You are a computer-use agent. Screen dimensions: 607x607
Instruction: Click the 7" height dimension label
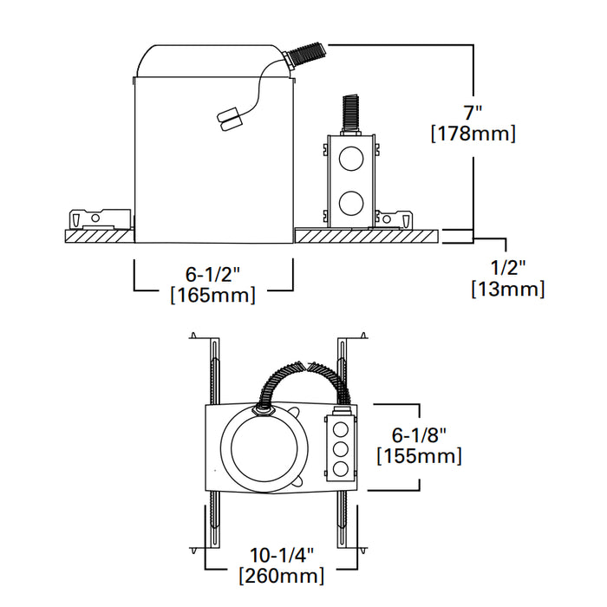click(473, 113)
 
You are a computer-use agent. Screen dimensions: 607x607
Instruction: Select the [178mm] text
click(473, 134)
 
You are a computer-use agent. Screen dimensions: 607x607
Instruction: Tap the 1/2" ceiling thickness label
click(506, 269)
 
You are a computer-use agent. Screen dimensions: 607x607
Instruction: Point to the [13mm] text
click(507, 290)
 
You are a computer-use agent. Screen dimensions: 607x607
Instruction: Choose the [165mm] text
click(212, 295)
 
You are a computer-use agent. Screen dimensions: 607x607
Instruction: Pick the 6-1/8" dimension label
click(418, 434)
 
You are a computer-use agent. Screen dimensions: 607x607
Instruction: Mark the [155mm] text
click(418, 455)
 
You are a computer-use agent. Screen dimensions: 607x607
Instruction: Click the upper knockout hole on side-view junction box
click(350, 160)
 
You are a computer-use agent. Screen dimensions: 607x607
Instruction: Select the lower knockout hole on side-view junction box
click(350, 204)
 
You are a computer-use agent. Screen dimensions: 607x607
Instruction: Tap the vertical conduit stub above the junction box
click(351, 114)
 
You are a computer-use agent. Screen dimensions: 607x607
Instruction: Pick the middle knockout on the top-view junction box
click(341, 449)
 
